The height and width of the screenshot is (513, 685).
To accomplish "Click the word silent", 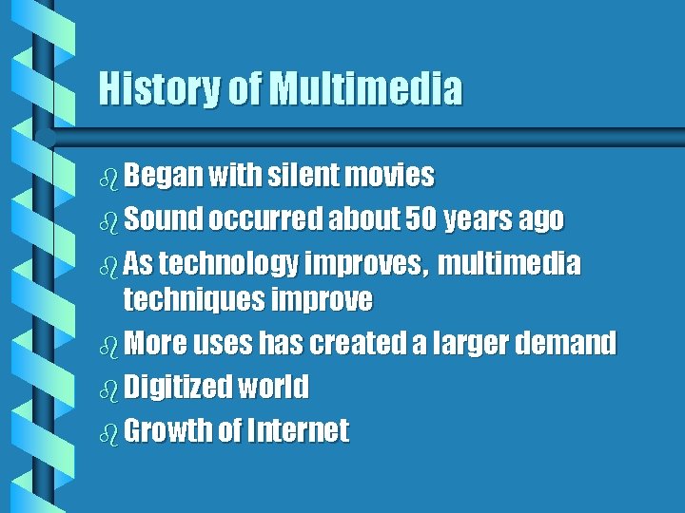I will [x=303, y=176].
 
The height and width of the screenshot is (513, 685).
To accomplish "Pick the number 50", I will [x=421, y=219].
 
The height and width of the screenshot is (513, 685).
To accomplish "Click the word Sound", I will [x=163, y=219].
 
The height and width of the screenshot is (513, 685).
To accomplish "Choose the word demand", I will [x=570, y=343].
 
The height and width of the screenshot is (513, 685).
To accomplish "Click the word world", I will [x=275, y=387].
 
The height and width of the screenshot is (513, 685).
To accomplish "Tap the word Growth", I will [x=168, y=430].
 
